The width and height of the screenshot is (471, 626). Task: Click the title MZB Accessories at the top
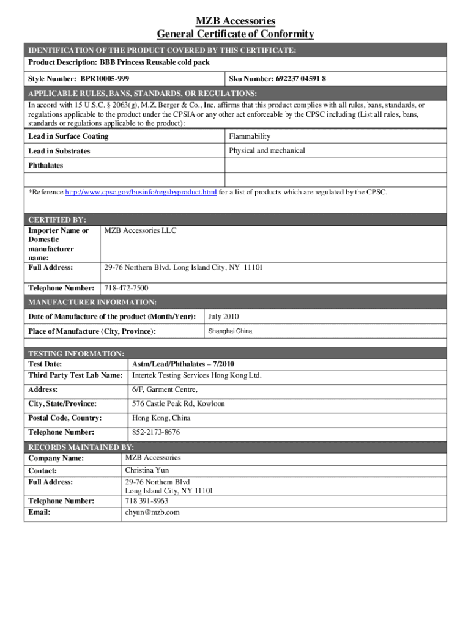(236, 21)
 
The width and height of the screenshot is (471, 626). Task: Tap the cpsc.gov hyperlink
(141, 193)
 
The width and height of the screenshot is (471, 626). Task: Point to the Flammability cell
(250, 136)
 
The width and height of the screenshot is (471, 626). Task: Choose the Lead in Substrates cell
(59, 151)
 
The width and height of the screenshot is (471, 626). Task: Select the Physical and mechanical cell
(266, 150)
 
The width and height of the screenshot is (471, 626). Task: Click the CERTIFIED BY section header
(57, 219)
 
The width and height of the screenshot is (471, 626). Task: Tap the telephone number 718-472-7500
(126, 288)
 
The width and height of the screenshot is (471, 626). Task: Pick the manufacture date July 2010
(223, 317)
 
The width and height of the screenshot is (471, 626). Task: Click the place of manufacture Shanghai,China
(230, 331)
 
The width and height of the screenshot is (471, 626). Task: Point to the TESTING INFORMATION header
(76, 354)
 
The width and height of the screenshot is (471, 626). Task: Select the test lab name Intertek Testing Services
(196, 375)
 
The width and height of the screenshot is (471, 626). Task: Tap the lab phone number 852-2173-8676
(156, 433)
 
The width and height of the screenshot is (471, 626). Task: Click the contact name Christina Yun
(147, 470)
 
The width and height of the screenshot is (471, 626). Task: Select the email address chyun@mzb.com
(152, 512)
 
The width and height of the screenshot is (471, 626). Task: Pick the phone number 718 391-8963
(146, 501)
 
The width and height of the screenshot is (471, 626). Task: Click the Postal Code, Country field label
(65, 418)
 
